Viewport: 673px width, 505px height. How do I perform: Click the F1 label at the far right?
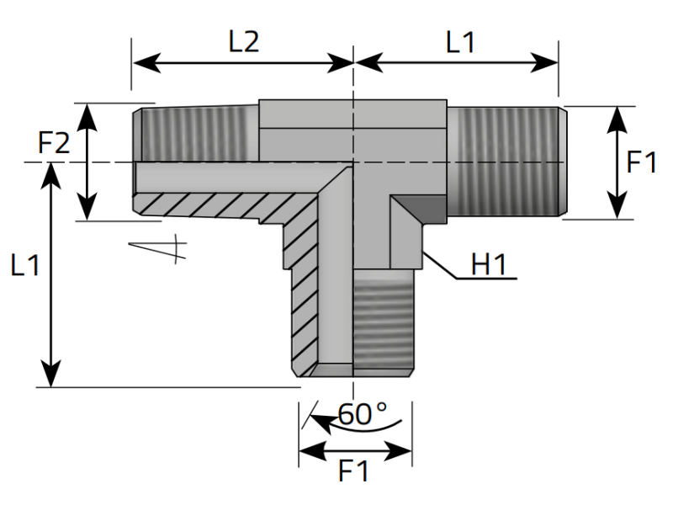pyautogui.click(x=641, y=162)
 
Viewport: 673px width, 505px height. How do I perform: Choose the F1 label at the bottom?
pyautogui.click(x=354, y=471)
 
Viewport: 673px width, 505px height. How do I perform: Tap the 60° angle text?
pyautogui.click(x=362, y=413)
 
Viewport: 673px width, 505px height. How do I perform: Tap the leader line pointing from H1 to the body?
pyautogui.click(x=442, y=265)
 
